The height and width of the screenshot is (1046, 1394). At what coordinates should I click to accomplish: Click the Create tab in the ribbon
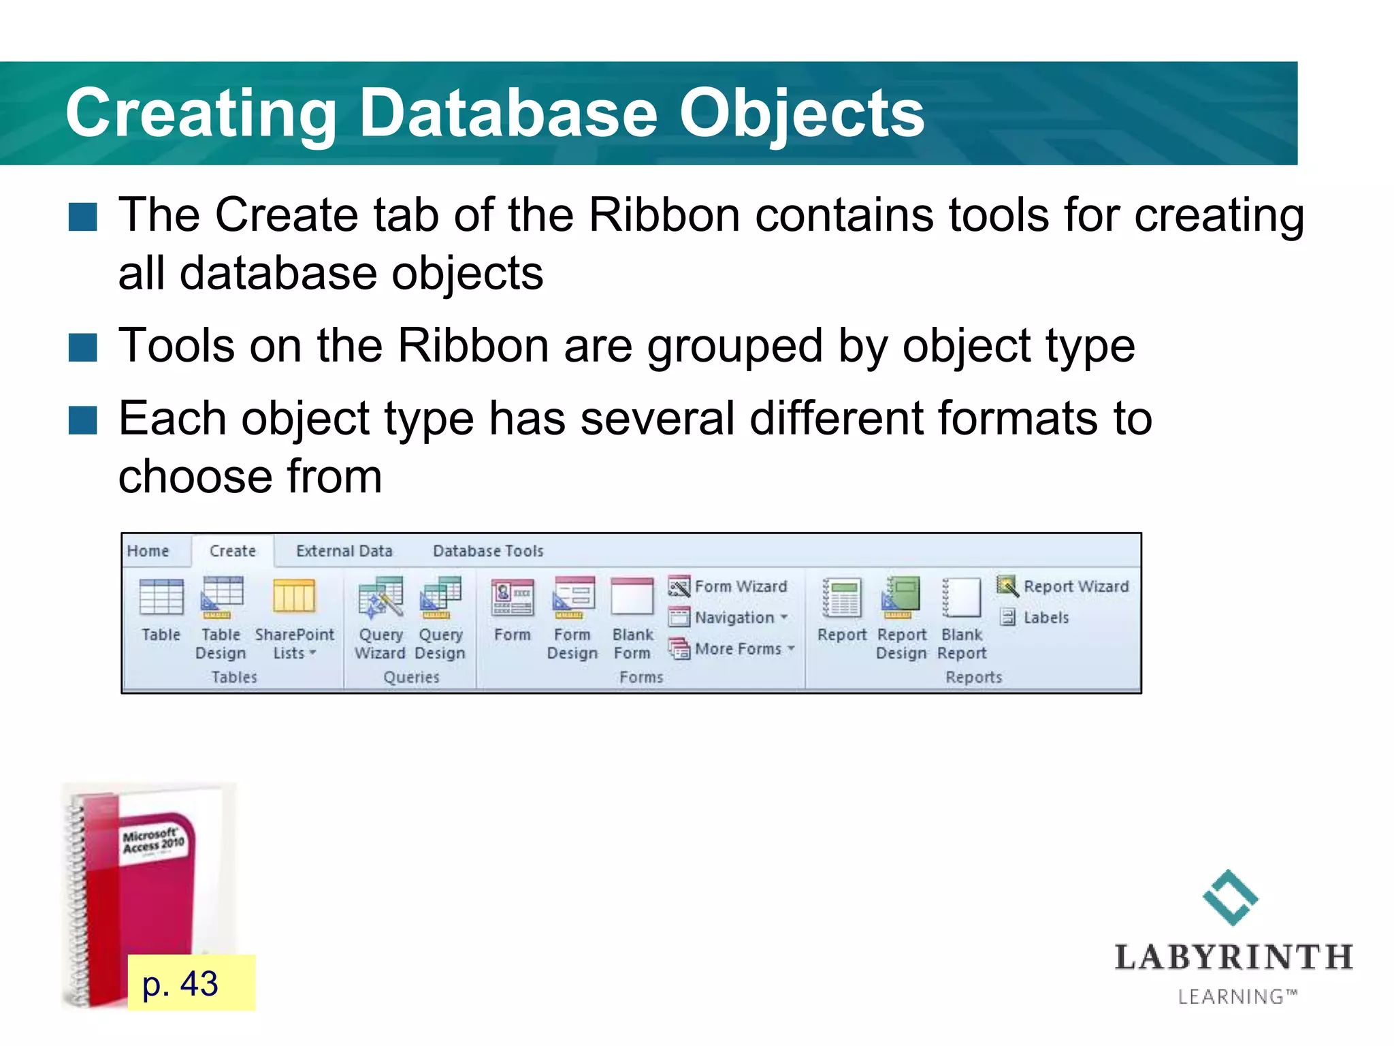tap(233, 551)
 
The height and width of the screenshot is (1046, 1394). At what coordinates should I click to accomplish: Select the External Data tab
tap(344, 551)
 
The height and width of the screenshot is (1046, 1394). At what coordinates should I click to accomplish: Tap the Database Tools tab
tap(488, 551)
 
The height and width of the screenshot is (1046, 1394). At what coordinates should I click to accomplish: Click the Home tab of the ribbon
tap(148, 551)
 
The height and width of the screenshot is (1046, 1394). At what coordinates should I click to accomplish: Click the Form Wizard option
tap(728, 586)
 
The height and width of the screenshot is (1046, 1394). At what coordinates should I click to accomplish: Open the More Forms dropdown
tap(732, 649)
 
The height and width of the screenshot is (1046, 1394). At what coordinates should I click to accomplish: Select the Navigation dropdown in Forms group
tap(729, 618)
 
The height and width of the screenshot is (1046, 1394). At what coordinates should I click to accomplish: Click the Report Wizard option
tap(1063, 586)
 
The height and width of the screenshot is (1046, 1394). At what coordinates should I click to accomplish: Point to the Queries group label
tap(411, 677)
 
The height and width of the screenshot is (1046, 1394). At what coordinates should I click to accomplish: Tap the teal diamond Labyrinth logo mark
tap(1230, 898)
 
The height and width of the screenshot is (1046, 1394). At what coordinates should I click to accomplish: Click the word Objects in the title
tap(802, 113)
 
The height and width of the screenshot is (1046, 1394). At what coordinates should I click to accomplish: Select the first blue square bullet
tap(83, 217)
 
